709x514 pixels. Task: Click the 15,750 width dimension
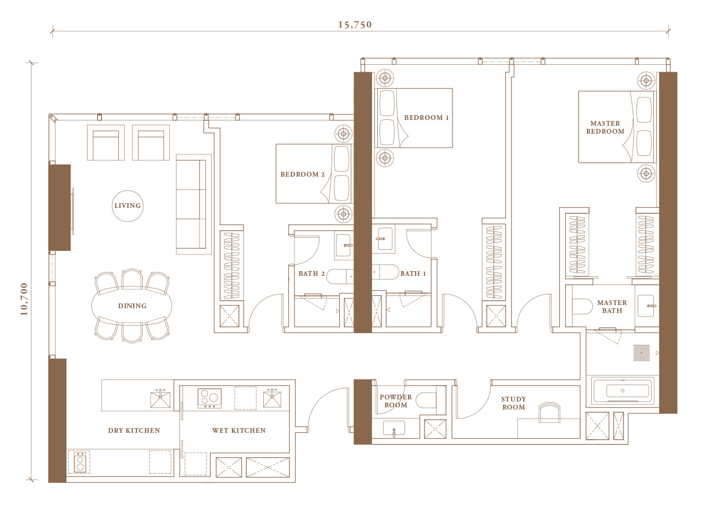pyautogui.click(x=355, y=25)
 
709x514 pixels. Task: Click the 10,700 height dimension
pyautogui.click(x=24, y=299)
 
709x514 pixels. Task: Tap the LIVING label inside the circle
pyautogui.click(x=127, y=206)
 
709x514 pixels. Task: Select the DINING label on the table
pyautogui.click(x=132, y=306)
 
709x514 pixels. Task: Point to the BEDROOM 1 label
pyautogui.click(x=426, y=118)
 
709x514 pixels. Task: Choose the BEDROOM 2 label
pyautogui.click(x=302, y=175)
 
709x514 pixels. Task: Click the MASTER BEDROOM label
pyautogui.click(x=605, y=127)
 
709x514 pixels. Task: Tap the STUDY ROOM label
pyautogui.click(x=513, y=403)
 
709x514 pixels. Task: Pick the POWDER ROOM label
pyautogui.click(x=396, y=401)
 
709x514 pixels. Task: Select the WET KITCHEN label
pyautogui.click(x=239, y=431)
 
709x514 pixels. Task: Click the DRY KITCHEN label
pyautogui.click(x=134, y=431)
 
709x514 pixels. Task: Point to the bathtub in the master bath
pyautogui.click(x=622, y=391)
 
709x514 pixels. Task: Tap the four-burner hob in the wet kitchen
pyautogui.click(x=210, y=398)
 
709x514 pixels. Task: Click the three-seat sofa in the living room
pyautogui.click(x=194, y=204)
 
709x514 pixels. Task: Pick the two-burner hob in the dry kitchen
pyautogui.click(x=80, y=463)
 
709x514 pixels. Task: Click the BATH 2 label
pyautogui.click(x=312, y=274)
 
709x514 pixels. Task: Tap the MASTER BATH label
pyautogui.click(x=612, y=307)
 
